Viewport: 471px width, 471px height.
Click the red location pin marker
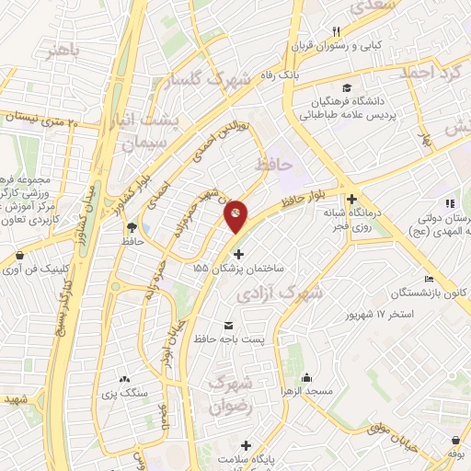point(235,215)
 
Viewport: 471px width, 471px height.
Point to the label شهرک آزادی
point(293,293)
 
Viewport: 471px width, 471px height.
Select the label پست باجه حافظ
point(235,339)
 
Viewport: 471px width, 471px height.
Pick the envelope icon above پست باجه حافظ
point(228,325)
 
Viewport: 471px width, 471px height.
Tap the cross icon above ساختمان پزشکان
point(239,253)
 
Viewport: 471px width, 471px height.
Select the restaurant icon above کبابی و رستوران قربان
point(337,31)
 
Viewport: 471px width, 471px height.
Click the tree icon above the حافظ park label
point(132,226)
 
